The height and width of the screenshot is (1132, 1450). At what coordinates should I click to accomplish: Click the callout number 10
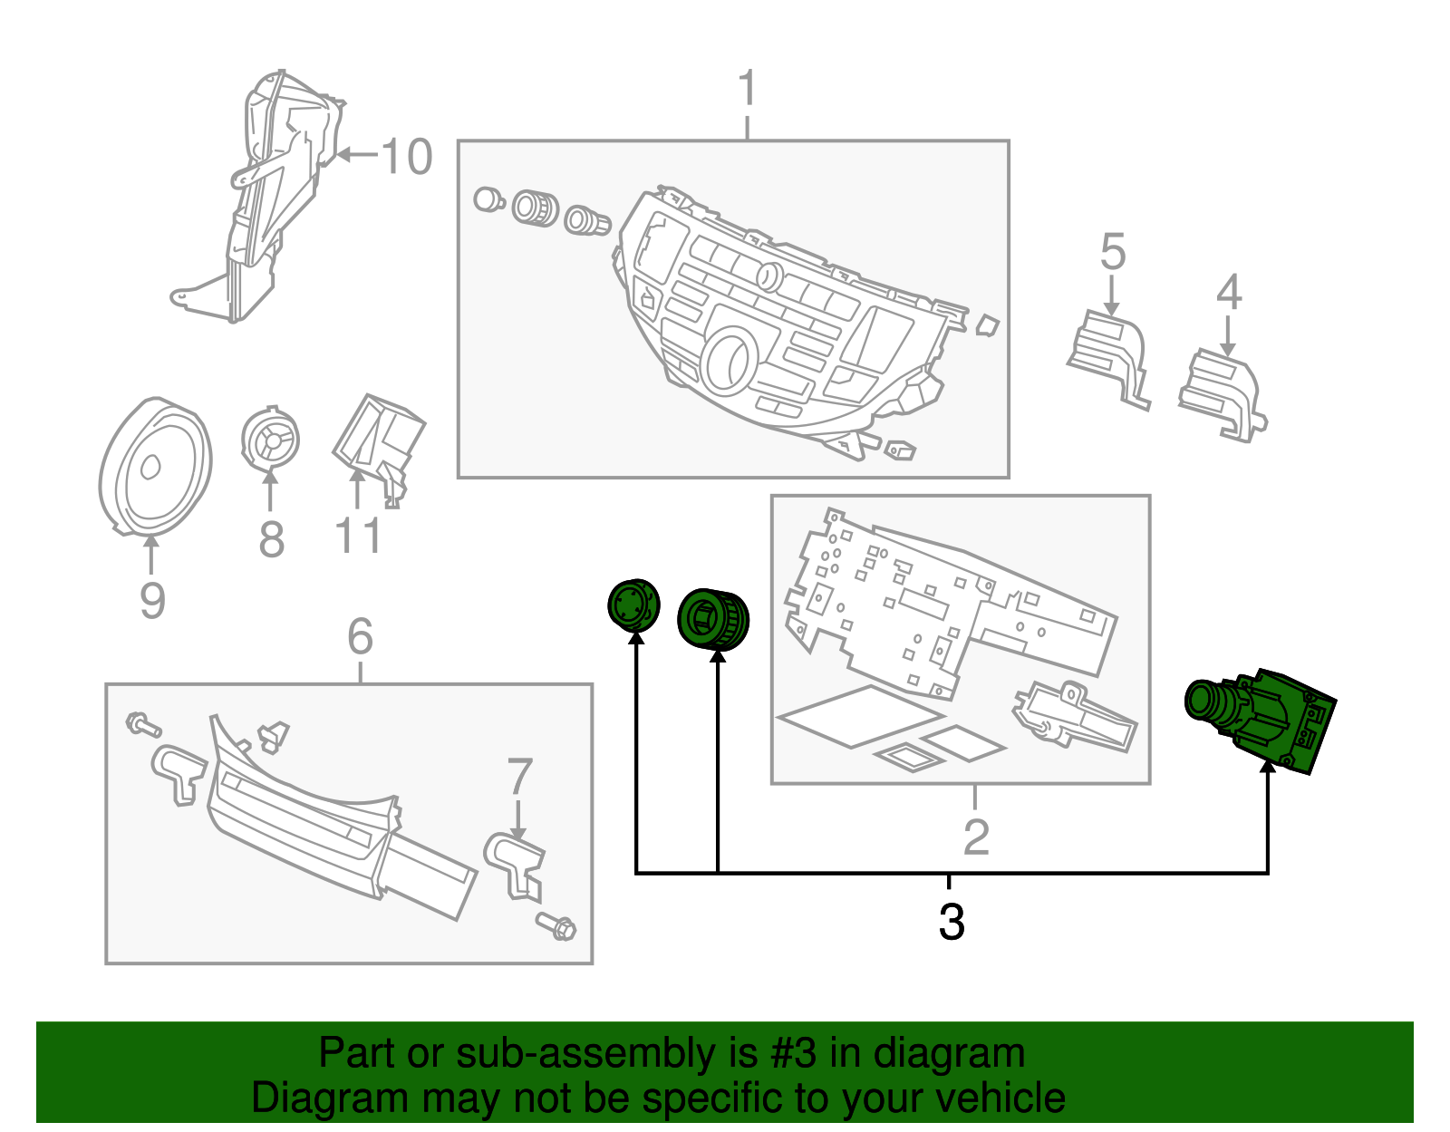tap(406, 157)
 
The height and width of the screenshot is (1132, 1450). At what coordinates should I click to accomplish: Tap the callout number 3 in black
tap(951, 923)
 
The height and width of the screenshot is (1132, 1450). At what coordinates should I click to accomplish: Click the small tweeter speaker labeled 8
tap(269, 440)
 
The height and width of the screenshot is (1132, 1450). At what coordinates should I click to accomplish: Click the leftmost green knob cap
tap(633, 605)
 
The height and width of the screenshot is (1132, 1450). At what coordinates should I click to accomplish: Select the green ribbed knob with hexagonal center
tap(713, 619)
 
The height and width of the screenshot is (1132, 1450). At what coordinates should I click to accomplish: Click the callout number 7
tap(518, 777)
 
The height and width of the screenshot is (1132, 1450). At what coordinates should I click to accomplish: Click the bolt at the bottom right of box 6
tap(556, 926)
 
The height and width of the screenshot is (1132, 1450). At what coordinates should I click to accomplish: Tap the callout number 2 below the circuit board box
tap(975, 837)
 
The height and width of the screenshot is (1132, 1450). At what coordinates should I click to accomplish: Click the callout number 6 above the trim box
tap(360, 637)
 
